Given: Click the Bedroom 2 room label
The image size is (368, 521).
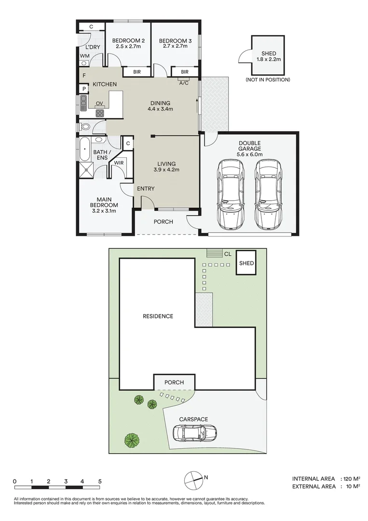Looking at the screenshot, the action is pyautogui.click(x=128, y=41).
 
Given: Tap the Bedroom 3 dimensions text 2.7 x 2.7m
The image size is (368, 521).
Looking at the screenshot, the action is pyautogui.click(x=175, y=46).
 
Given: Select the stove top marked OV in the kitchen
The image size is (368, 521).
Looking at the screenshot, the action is pyautogui.click(x=100, y=113).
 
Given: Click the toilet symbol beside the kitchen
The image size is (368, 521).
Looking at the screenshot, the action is pyautogui.click(x=85, y=126).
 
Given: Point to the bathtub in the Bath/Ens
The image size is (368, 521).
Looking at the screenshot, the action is pyautogui.click(x=85, y=149).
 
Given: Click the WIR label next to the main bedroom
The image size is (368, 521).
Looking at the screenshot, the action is pyautogui.click(x=119, y=163).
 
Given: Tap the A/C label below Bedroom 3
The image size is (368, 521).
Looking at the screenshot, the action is pyautogui.click(x=184, y=83).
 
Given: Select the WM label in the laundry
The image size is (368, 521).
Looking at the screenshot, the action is pyautogui.click(x=85, y=56).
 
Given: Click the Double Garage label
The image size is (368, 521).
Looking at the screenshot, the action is pyautogui.click(x=249, y=146).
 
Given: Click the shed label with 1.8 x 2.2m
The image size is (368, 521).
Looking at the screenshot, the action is pyautogui.click(x=268, y=56).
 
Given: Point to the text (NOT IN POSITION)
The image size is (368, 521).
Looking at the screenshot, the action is pyautogui.click(x=268, y=80).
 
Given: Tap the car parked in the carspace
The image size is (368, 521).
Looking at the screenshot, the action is pyautogui.click(x=195, y=433).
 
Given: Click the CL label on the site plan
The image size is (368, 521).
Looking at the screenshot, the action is pyautogui.click(x=228, y=254).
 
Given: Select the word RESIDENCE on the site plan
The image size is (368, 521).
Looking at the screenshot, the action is pyautogui.click(x=158, y=316).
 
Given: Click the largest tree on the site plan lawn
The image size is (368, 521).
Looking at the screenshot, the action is pyautogui.click(x=132, y=440).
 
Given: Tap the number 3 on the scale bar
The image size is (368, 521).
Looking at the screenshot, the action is pyautogui.click(x=66, y=481).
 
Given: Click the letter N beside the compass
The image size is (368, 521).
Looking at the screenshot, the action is pyautogui.click(x=206, y=478).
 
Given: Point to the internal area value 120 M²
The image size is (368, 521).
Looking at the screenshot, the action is pyautogui.click(x=350, y=479).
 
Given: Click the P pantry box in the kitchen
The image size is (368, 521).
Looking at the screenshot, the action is pyautogui.click(x=84, y=89).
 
